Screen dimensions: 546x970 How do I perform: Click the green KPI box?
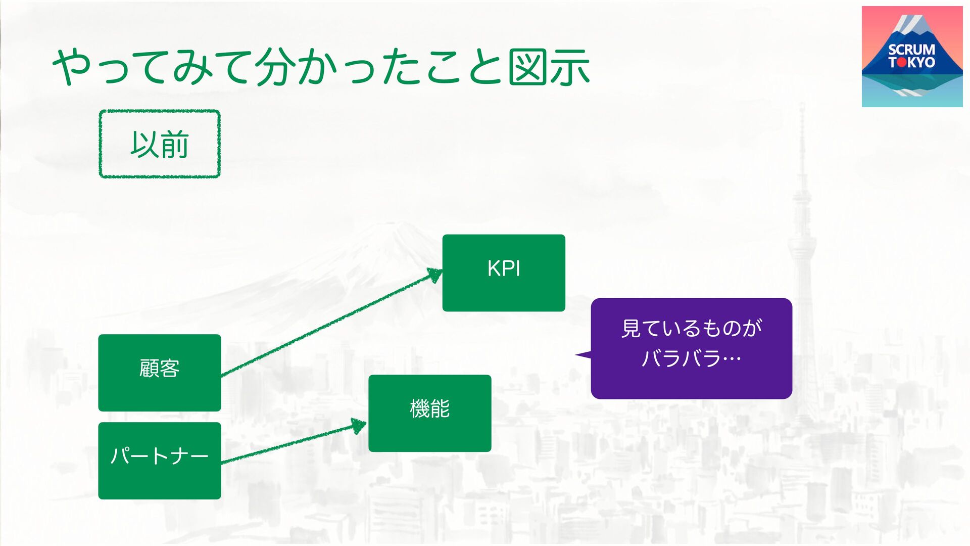[x=504, y=272]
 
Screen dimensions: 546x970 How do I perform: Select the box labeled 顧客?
[x=160, y=373]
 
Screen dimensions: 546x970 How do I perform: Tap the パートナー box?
[x=160, y=461]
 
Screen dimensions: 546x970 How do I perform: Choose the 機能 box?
[x=429, y=413]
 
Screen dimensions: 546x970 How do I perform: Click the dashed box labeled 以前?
[x=160, y=144]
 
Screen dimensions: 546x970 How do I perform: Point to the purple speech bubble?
[x=691, y=348]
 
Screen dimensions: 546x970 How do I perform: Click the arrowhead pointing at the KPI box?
[x=434, y=275]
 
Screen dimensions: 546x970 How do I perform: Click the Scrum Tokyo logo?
[x=912, y=57]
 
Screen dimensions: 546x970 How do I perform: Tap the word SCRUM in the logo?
[x=911, y=50]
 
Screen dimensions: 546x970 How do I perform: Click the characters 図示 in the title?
[x=549, y=67]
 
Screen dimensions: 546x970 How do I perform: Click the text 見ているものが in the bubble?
[x=691, y=329]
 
